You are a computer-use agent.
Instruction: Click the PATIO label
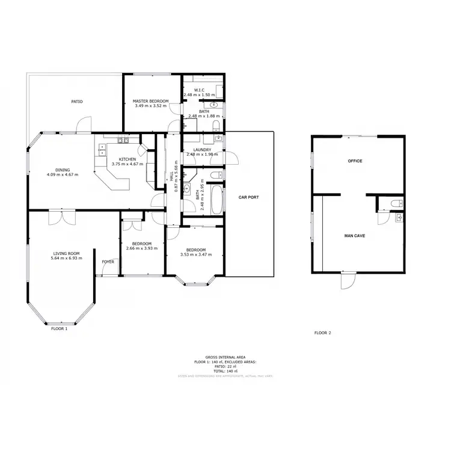coord(77,102)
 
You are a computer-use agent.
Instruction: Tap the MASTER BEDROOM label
coord(151,101)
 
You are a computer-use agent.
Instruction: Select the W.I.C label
coord(200,90)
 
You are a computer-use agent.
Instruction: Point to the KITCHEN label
coord(127,159)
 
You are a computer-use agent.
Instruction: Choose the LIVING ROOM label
coord(66,254)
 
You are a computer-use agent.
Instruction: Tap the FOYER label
coord(108,262)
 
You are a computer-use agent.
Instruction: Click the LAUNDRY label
coord(202,150)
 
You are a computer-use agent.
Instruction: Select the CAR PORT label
coord(248,197)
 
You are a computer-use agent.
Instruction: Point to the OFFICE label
coord(355,161)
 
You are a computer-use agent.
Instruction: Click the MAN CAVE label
coord(355,235)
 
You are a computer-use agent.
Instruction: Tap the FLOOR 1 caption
coord(58,329)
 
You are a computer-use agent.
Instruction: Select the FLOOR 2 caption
coord(323,333)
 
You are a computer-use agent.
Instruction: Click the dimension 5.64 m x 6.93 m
coord(66,259)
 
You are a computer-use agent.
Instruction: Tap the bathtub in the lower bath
coord(216,198)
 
